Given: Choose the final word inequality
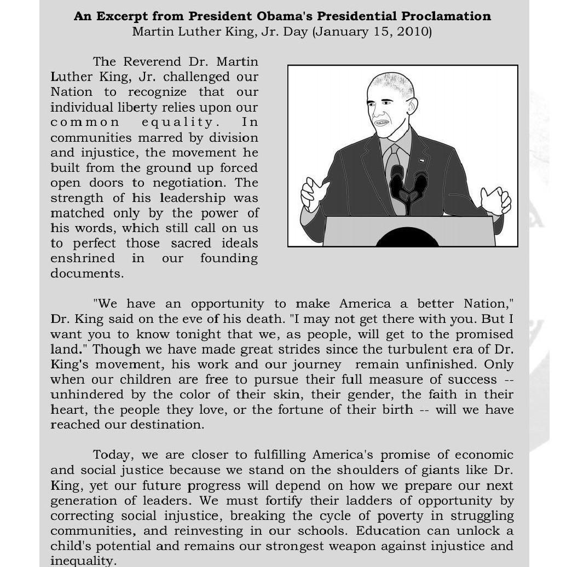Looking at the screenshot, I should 82,561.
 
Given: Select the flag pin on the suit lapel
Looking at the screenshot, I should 421,161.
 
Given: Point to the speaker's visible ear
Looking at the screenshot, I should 412,105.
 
